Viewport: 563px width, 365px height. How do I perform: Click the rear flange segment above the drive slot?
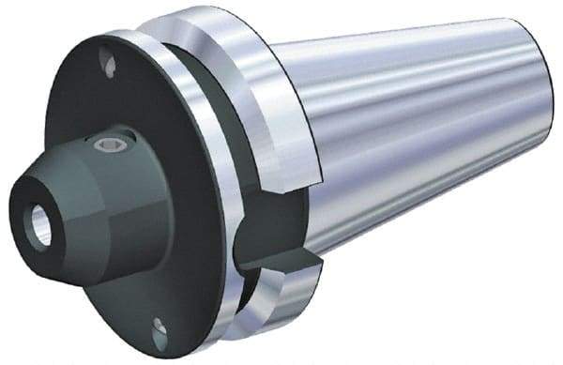[272, 103]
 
